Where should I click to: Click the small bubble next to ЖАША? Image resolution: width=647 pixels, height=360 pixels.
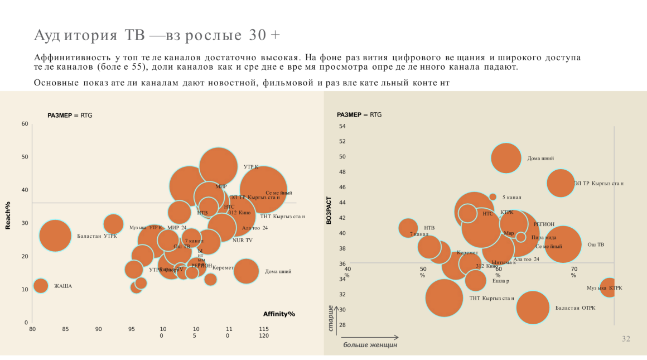pyautogui.click(x=41, y=286)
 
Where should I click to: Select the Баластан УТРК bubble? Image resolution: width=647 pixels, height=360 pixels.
pyautogui.click(x=55, y=236)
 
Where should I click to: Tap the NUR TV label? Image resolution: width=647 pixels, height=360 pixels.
pyautogui.click(x=242, y=241)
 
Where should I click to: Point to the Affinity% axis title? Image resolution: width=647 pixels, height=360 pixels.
pyautogui.click(x=279, y=314)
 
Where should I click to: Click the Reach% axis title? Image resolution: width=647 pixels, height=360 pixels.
pyautogui.click(x=8, y=215)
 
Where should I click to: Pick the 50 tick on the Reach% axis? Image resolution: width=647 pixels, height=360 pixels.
pyautogui.click(x=25, y=157)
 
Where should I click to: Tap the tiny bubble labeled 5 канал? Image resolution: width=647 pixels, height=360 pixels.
pyautogui.click(x=493, y=196)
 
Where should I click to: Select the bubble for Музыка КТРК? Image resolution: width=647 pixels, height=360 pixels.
pyautogui.click(x=609, y=287)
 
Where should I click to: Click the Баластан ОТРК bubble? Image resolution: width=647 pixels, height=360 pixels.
pyautogui.click(x=533, y=307)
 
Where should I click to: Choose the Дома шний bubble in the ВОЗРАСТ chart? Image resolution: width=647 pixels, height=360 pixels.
pyautogui.click(x=506, y=158)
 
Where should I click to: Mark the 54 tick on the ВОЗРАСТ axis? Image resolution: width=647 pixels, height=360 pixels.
pyautogui.click(x=342, y=126)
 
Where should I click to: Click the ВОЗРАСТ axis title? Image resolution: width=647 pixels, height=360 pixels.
pyautogui.click(x=329, y=210)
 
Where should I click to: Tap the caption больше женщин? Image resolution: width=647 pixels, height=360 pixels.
pyautogui.click(x=370, y=345)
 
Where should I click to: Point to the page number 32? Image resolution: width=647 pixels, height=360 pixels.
pyautogui.click(x=626, y=339)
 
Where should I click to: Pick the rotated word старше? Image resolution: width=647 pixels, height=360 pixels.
pyautogui.click(x=331, y=319)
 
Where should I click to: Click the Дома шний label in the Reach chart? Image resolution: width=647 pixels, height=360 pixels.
pyautogui.click(x=278, y=272)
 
